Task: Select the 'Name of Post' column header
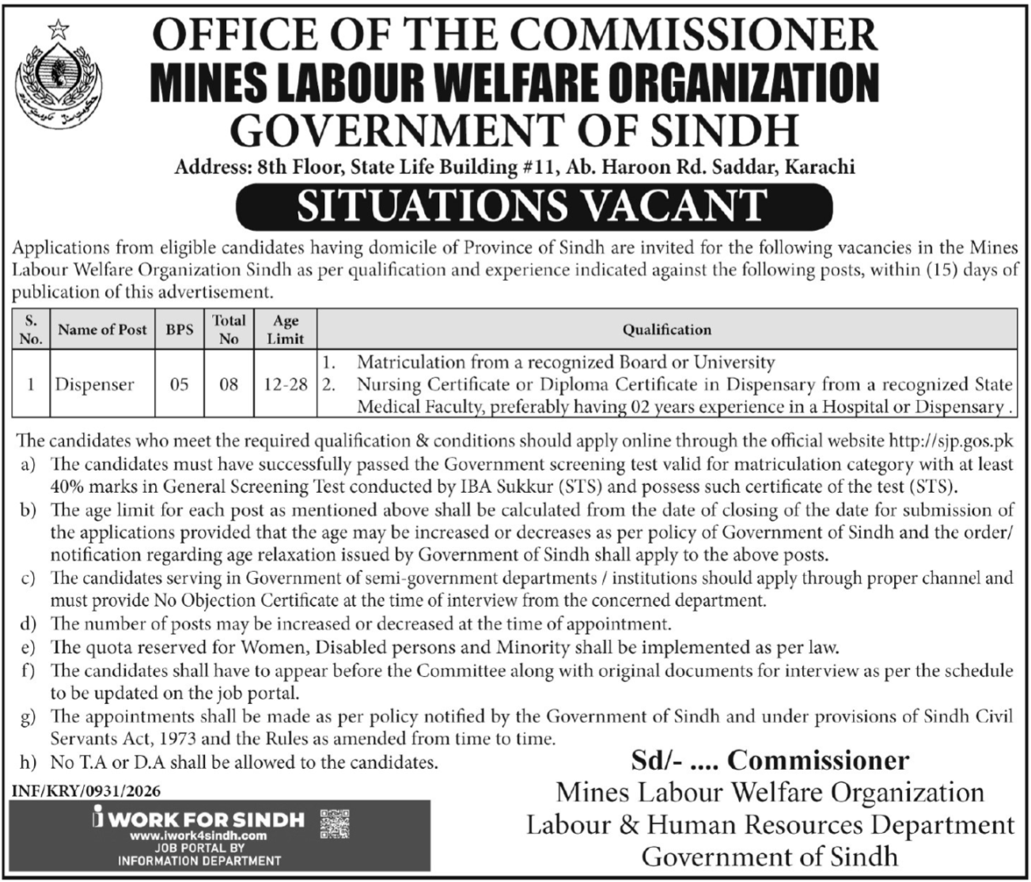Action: pos(102,330)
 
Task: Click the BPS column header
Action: pos(180,330)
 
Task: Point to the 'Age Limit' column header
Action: pos(286,329)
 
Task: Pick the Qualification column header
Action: pos(666,330)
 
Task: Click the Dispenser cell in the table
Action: pos(94,385)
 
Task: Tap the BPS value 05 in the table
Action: pos(180,385)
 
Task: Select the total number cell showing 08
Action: pos(229,385)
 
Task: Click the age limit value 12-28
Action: pos(286,385)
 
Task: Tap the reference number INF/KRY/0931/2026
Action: pos(80,789)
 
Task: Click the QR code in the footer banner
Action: pos(334,825)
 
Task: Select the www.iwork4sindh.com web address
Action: pos(198,835)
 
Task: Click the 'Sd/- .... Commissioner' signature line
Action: pos(770,760)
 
